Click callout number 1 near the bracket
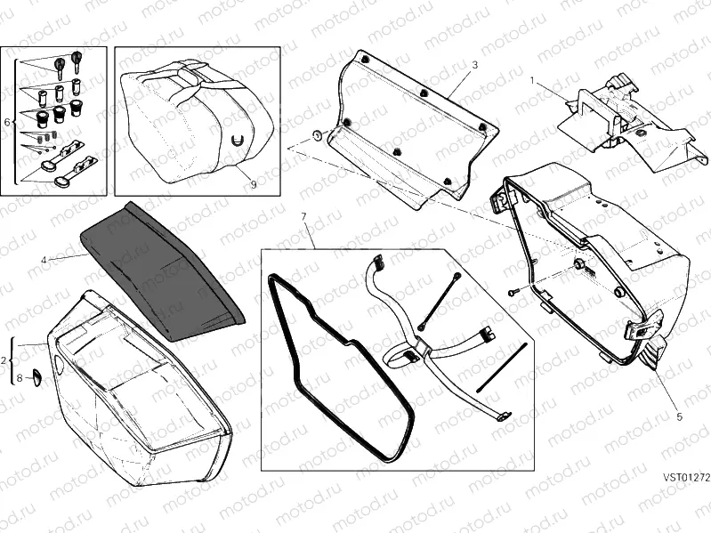532,80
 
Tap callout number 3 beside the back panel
474,65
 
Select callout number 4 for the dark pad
43,261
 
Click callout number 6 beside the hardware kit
7,122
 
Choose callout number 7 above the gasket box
303,216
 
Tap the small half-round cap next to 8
37,378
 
